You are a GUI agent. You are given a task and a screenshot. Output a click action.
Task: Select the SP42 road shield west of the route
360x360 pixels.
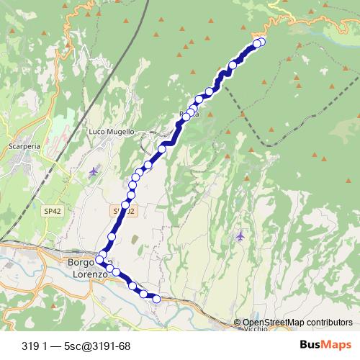pos(50,211)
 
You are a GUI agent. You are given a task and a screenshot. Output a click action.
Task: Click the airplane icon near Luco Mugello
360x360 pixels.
pos(94,171)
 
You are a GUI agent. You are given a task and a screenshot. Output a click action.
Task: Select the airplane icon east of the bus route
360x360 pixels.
pos(240,236)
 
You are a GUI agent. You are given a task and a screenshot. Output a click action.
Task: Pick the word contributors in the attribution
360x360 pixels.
pos(328,322)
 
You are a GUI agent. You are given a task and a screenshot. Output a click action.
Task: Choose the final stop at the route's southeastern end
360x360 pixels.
pos(156,299)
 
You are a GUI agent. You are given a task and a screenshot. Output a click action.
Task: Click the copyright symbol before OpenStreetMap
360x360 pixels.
pos(237,322)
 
